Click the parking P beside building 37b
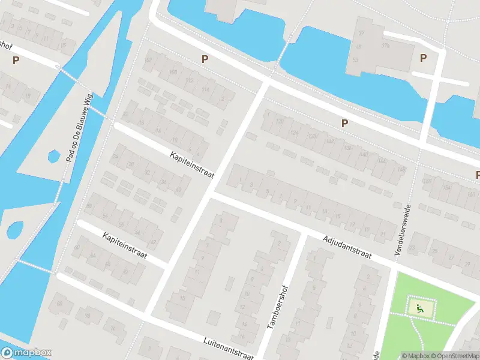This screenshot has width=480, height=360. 424,58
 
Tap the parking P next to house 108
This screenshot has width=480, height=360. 205,59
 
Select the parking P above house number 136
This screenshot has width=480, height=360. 344,123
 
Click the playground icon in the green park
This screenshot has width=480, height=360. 420,308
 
